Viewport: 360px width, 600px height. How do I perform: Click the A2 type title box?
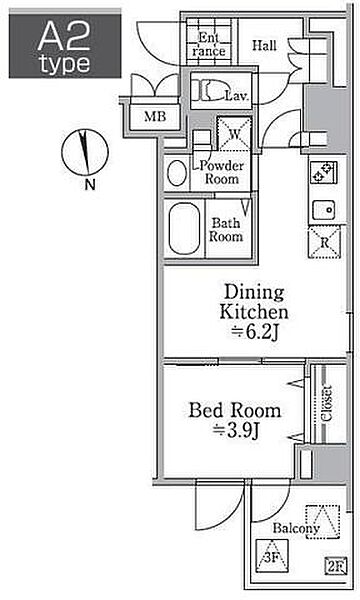click(x=65, y=46)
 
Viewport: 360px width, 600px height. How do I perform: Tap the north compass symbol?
click(x=85, y=152)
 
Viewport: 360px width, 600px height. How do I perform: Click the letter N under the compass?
click(x=90, y=185)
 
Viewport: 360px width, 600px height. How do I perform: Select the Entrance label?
click(x=209, y=44)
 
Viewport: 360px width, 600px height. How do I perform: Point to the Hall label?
click(x=264, y=46)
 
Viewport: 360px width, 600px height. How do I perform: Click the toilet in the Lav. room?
click(x=210, y=90)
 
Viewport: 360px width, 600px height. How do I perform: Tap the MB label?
click(x=155, y=116)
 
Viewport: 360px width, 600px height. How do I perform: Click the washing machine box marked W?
click(x=235, y=134)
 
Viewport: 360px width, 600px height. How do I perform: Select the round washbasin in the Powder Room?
click(x=177, y=173)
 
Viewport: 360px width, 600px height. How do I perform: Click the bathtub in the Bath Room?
click(x=184, y=228)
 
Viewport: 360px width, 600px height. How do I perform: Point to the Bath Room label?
click(x=226, y=230)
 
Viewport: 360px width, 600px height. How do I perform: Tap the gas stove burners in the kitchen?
click(x=323, y=173)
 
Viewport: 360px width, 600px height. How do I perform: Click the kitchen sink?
click(x=324, y=209)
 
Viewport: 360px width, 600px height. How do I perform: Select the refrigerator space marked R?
click(x=324, y=243)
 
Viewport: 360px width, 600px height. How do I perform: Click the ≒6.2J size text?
click(x=255, y=333)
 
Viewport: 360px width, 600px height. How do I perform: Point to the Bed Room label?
click(x=235, y=411)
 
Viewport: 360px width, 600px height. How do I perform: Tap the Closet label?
click(x=326, y=403)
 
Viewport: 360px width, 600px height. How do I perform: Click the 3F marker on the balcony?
click(x=272, y=557)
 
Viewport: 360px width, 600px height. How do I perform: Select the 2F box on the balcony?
click(x=336, y=566)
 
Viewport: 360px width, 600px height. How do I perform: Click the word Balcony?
click(x=296, y=529)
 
